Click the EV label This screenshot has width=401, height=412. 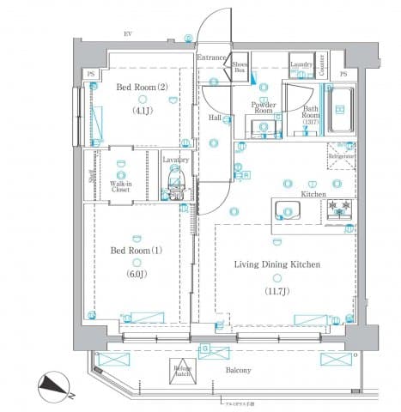(128, 33)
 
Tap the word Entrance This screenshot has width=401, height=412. (211, 58)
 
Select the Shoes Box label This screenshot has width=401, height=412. (240, 67)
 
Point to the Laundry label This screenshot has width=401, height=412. (300, 65)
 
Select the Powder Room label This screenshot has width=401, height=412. (262, 108)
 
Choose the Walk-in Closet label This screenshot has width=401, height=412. (120, 187)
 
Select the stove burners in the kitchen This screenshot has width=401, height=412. (340, 210)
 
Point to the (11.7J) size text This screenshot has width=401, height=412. (276, 291)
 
